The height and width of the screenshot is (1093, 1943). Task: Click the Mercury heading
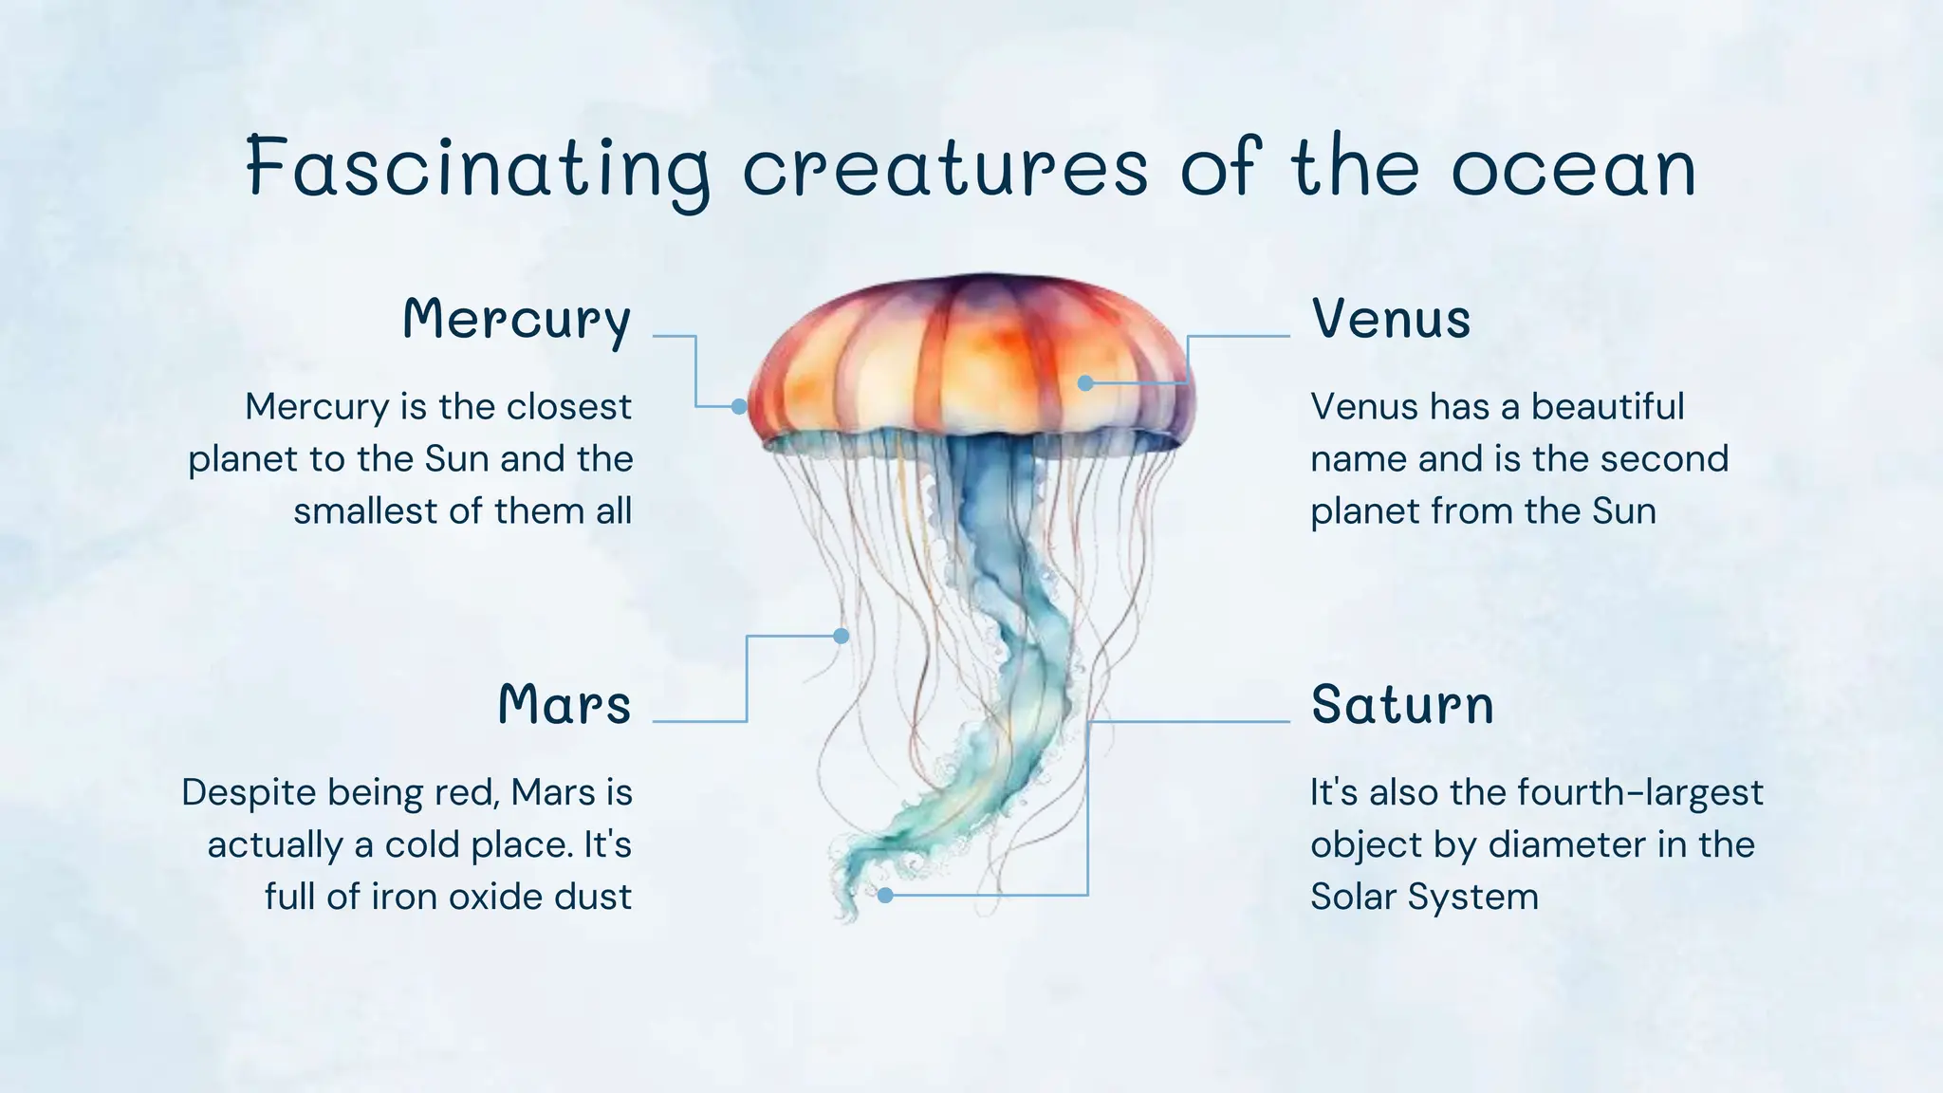tap(517, 319)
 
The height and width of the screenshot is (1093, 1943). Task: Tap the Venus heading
tap(1391, 319)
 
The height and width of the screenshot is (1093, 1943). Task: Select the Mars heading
tap(564, 705)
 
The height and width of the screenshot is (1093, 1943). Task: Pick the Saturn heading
tap(1402, 705)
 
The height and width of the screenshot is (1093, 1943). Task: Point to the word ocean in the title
tap(1574, 168)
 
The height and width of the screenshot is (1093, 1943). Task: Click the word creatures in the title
tap(945, 168)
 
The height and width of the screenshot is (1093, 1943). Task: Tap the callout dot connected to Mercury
tap(739, 406)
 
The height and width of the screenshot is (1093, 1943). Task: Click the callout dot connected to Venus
tap(1086, 383)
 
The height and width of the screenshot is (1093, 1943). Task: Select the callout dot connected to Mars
tap(841, 636)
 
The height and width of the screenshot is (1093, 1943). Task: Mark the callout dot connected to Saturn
tap(885, 895)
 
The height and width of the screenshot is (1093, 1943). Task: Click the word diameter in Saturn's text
tap(1566, 844)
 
